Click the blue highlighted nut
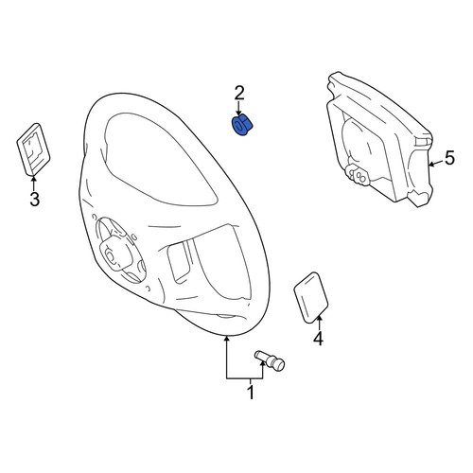coord(242,126)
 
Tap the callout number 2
coord(238,93)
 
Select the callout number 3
coord(35,199)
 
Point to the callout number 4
coord(318,339)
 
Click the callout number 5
coord(450,158)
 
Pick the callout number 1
coord(251,392)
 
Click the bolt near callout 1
coord(270,360)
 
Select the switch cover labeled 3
coord(33,149)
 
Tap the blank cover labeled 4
coord(311,298)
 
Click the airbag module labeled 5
coord(379,139)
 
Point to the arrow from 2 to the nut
coord(238,110)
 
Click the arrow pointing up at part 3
coord(34,184)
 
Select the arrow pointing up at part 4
coord(319,323)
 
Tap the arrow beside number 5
coord(435,164)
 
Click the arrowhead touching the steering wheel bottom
coord(226,339)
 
